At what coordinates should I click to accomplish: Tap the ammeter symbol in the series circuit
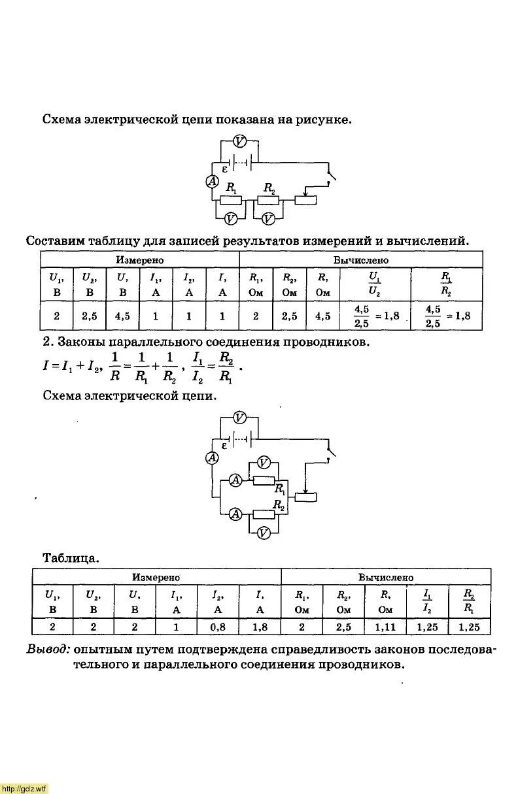tap(212, 182)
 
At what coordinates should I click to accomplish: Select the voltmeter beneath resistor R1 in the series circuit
tap(230, 218)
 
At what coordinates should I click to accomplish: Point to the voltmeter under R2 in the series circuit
tap(268, 218)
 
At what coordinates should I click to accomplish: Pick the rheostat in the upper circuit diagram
tap(305, 199)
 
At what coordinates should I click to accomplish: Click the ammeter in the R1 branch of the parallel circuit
tap(236, 480)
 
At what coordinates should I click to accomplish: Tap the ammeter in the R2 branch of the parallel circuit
tap(236, 514)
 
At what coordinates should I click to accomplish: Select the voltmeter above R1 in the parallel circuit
tap(264, 463)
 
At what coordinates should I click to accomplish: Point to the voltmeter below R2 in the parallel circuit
tap(263, 533)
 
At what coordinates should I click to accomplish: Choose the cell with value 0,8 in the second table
tap(218, 627)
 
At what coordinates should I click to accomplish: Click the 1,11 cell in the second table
tap(385, 627)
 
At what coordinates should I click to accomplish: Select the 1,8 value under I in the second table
tap(260, 627)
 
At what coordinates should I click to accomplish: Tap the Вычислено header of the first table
tap(361, 259)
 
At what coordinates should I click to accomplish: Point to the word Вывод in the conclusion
tap(48, 650)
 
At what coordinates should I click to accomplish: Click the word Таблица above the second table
tap(71, 558)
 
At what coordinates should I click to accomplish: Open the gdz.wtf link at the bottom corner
tap(24, 789)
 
